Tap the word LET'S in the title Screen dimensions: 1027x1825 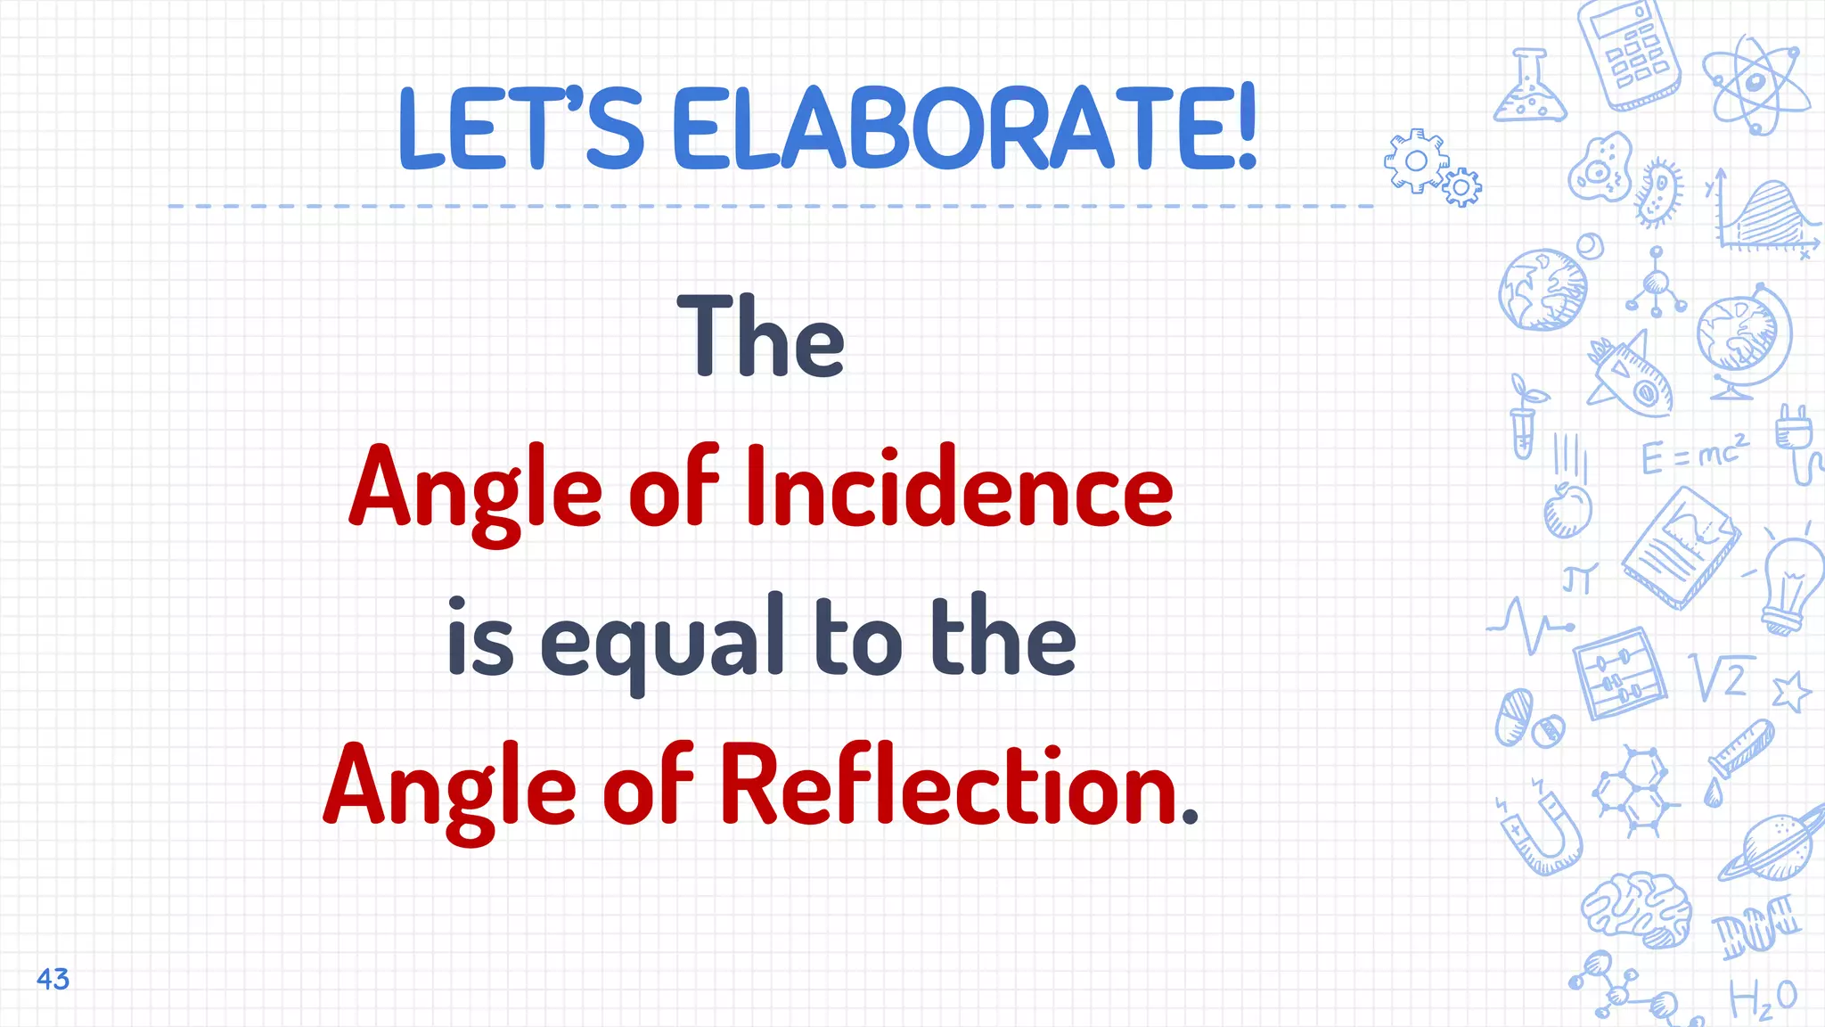(x=520, y=127)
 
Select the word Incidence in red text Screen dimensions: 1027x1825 (x=959, y=489)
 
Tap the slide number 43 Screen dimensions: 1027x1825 (x=53, y=979)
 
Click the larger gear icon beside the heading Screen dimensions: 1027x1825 (x=1415, y=161)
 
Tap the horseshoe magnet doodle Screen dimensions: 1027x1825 (x=1546, y=834)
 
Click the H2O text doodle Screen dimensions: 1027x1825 (x=1763, y=998)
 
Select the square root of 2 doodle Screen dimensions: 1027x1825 (x=1722, y=678)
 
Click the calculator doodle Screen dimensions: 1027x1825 (x=1629, y=55)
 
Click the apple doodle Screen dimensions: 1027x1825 (x=1567, y=511)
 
